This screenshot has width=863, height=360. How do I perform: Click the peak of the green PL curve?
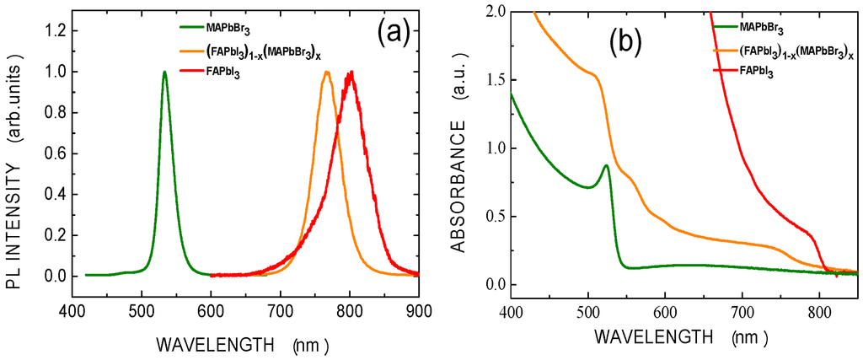pyautogui.click(x=164, y=73)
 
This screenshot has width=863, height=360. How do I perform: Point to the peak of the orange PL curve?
pyautogui.click(x=326, y=73)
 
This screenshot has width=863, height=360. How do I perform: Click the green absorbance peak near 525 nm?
pyautogui.click(x=606, y=166)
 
